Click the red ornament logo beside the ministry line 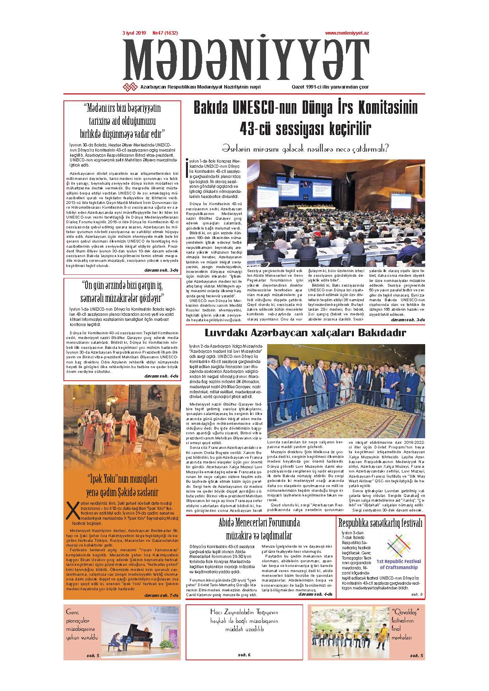130,87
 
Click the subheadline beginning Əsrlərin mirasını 305,148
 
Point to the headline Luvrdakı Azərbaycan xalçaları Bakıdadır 305,333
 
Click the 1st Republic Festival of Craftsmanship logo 398,552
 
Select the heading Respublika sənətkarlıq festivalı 380,523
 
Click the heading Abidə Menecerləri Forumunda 259,523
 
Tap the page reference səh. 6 244,655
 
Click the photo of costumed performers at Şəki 122,427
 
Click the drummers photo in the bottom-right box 348,633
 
